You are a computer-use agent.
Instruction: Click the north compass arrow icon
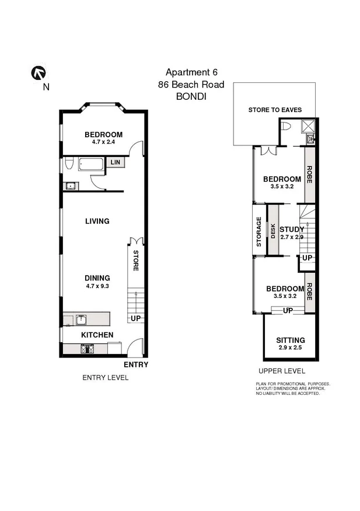point(39,73)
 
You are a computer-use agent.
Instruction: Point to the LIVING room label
point(97,221)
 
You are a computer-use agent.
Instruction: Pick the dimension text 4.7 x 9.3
point(97,287)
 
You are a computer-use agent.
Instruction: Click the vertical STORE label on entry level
point(135,260)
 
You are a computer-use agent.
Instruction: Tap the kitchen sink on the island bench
point(81,319)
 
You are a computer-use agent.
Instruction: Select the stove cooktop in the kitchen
point(88,349)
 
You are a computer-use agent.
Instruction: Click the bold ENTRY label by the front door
point(136,365)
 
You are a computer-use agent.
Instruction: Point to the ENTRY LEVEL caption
point(105,378)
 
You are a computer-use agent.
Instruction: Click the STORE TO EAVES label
point(271,110)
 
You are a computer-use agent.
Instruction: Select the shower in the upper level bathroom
point(308,126)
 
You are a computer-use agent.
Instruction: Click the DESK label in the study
point(272,230)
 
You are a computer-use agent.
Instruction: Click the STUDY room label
point(291,230)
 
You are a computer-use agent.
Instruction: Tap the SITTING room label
point(290,340)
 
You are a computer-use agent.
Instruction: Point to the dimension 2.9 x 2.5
point(290,349)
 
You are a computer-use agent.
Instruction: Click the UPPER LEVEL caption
point(282,371)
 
